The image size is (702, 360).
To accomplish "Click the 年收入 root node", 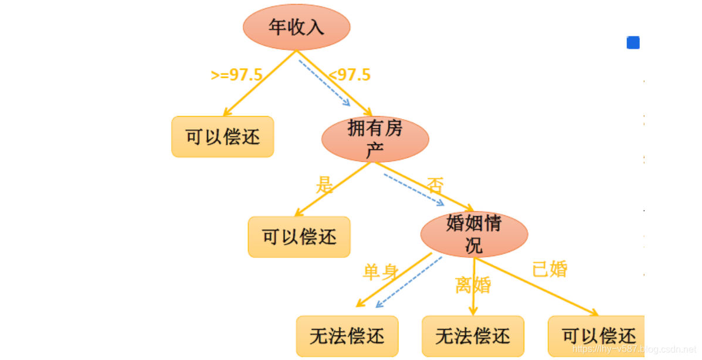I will pos(296,27).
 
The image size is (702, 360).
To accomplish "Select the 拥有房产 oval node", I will pos(375,139).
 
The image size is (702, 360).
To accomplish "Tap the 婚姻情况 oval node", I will pos(474,234).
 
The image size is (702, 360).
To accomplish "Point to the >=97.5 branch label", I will pos(236,75).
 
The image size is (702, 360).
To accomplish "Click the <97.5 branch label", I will pos(350,75).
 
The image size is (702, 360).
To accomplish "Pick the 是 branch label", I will pos(324,185).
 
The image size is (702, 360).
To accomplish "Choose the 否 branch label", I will pos(435,185).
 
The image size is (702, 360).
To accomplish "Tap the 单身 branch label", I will pos(381,272).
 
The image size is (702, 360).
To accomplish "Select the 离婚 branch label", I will pos(473,286).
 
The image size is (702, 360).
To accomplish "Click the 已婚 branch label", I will pos(550,269).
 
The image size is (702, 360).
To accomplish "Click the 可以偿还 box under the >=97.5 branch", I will pos(222,137).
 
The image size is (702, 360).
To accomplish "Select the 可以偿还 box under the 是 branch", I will pos(299,237).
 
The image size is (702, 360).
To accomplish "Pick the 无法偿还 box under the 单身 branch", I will pos(347,336).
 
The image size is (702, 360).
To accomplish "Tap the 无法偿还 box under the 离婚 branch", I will pos(473,336).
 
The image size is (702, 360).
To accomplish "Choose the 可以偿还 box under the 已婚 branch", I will pos(597,336).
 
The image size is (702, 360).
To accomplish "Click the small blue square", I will pos(633,43).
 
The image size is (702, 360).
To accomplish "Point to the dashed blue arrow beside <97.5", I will pos(324,83).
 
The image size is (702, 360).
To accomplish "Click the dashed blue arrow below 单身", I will pos(409,281).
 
